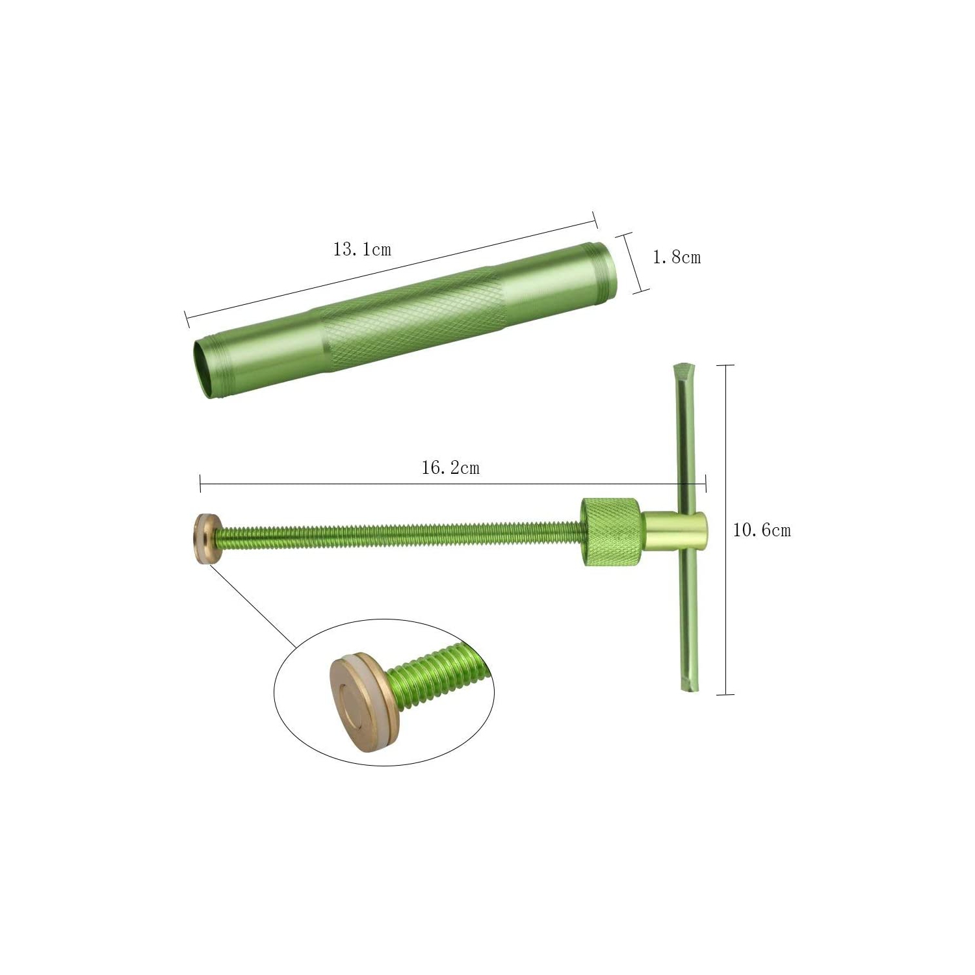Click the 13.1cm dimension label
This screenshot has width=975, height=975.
(x=362, y=250)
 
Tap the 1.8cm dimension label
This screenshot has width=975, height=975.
(x=677, y=257)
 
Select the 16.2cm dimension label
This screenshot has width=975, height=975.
(x=450, y=468)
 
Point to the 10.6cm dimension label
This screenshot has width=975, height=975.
(x=762, y=530)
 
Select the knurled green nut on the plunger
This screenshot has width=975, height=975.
(x=610, y=532)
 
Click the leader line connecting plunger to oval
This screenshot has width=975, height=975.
(x=253, y=604)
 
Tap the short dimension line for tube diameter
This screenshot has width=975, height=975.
(x=633, y=263)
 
